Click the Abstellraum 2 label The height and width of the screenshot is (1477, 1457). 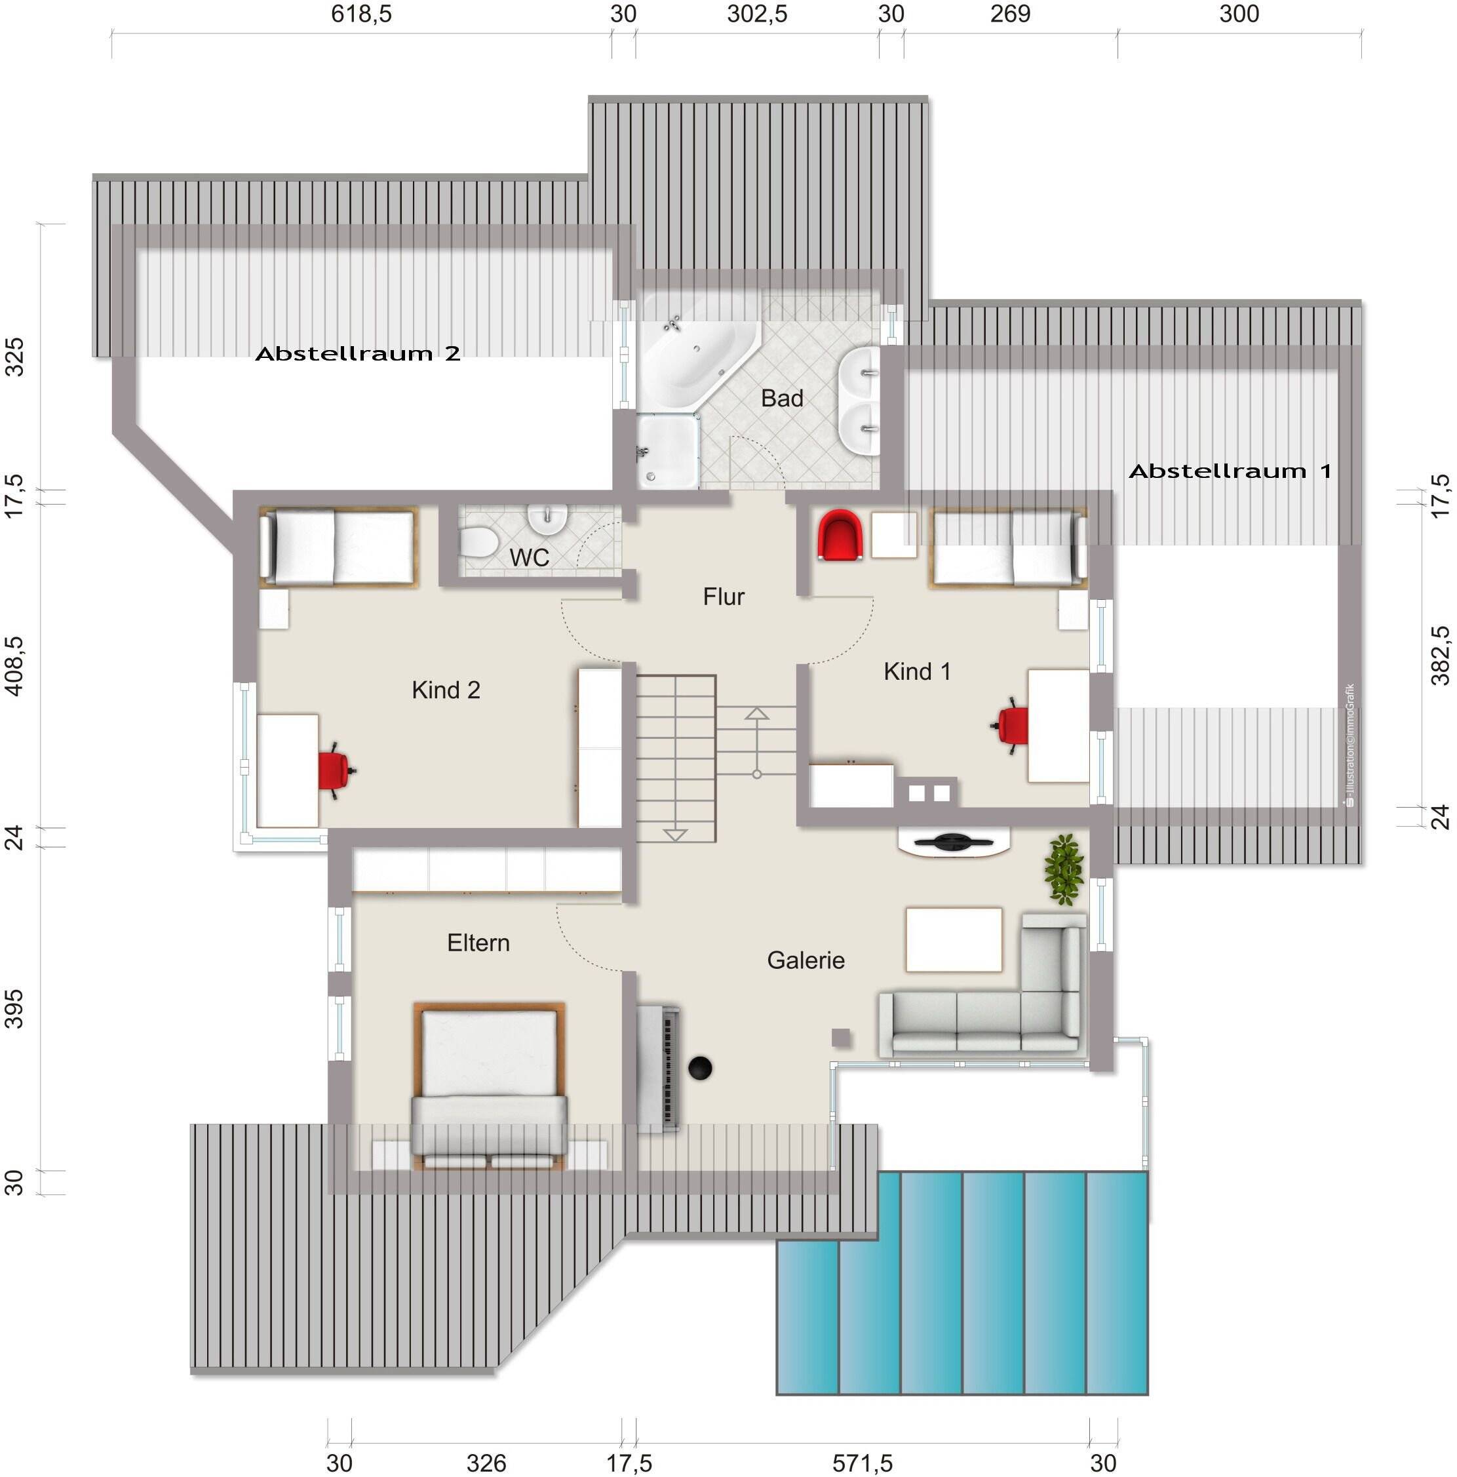(x=358, y=353)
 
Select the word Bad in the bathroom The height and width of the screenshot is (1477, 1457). (x=782, y=399)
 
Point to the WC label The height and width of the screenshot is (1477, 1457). (x=529, y=557)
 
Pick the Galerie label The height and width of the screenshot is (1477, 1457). (x=806, y=960)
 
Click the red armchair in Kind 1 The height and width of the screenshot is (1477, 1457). (x=840, y=535)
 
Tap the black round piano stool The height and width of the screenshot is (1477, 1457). (x=700, y=1068)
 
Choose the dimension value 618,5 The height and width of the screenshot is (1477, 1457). (x=361, y=14)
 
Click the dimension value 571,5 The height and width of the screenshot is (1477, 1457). (x=863, y=1463)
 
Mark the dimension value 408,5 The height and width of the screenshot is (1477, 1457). (x=14, y=666)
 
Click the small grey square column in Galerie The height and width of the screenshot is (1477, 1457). (x=841, y=1037)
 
